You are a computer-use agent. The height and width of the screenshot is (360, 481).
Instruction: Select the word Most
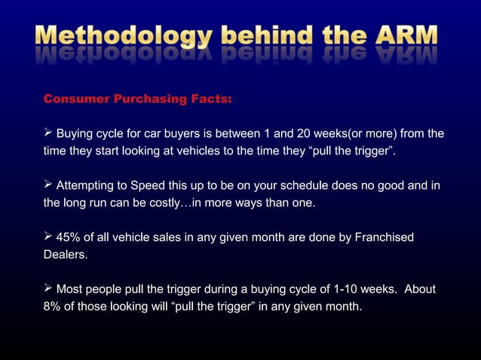click(71, 289)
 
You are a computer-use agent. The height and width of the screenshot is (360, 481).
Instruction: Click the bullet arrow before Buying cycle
click(47, 134)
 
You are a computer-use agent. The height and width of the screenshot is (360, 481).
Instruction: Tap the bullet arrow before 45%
click(47, 238)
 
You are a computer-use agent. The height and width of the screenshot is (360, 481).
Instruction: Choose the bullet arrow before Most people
click(47, 289)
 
